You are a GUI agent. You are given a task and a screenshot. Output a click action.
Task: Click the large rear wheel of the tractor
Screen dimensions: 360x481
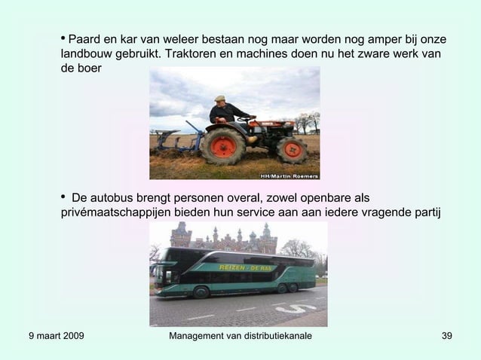222,145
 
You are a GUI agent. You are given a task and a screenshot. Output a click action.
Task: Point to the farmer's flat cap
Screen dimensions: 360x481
219,97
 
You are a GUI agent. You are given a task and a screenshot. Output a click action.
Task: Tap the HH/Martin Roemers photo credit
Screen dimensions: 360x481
289,175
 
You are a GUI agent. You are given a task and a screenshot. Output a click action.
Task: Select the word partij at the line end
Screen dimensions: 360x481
423,212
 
